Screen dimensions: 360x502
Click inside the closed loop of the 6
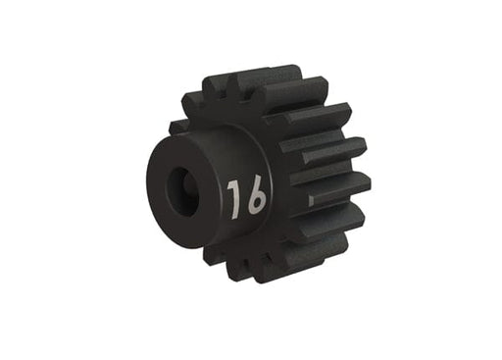(255, 205)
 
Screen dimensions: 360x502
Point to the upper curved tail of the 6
(258, 184)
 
